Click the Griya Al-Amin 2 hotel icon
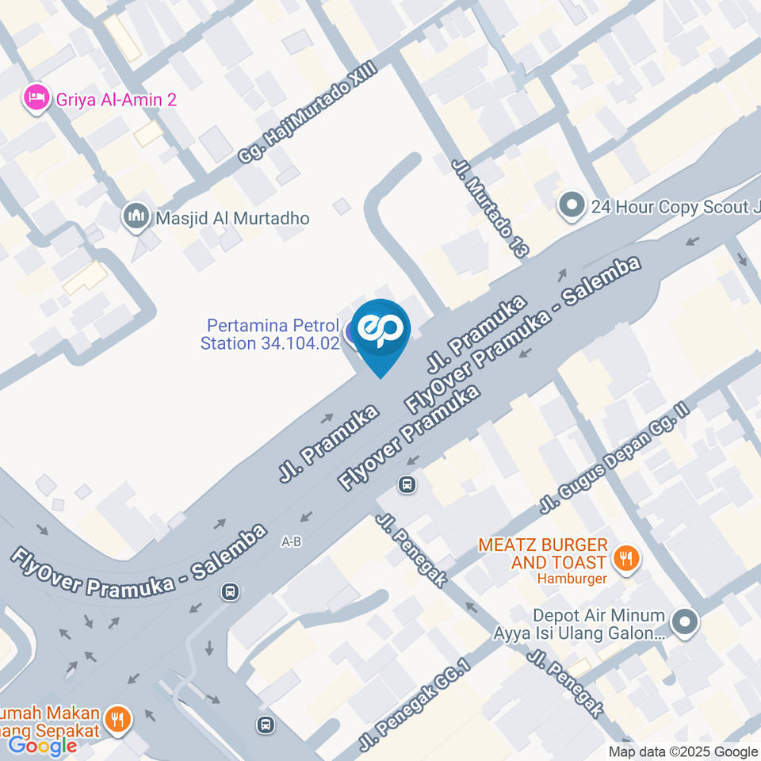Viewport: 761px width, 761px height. coord(35,99)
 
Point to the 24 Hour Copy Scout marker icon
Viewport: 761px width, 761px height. coord(571,207)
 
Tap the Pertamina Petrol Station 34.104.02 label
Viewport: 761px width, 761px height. coord(270,335)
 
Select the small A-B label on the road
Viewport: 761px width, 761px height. coord(292,542)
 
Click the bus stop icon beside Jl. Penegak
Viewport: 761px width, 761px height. coord(407,484)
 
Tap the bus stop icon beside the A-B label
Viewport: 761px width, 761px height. coord(230,591)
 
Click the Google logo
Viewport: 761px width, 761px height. coord(42,745)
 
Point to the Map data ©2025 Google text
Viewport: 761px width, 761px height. coord(683,751)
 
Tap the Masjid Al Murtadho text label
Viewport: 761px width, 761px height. coord(232,218)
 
